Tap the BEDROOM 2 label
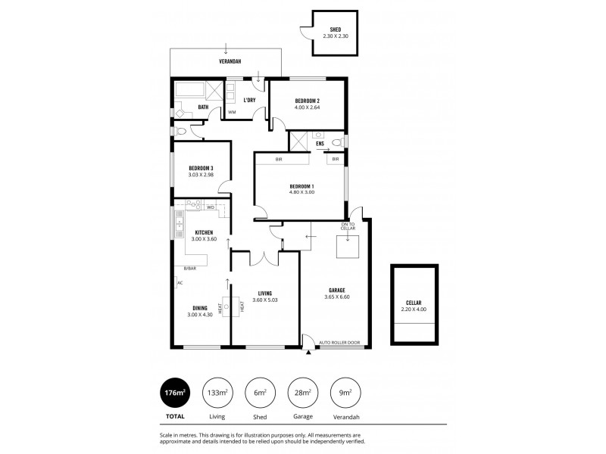point(308,101)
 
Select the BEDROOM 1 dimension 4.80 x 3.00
point(301,192)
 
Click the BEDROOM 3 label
point(201,168)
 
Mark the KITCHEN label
point(204,232)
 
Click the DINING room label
point(200,308)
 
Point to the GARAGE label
point(337,290)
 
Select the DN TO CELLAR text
point(348,225)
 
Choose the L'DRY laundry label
point(248,99)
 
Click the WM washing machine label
point(232,113)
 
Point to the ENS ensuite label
point(320,142)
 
